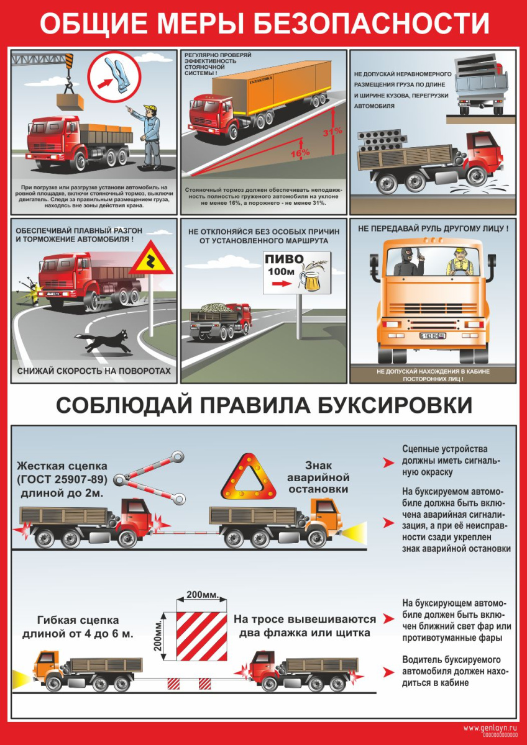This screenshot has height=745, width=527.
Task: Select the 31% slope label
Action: [332, 132]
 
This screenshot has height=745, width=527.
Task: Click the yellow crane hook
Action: [68, 73]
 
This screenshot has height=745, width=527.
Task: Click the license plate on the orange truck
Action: [433, 336]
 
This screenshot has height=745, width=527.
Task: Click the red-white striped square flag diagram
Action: [201, 636]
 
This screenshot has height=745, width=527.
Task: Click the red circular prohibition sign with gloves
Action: [114, 78]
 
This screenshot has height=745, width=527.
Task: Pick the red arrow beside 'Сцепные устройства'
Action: [388, 463]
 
